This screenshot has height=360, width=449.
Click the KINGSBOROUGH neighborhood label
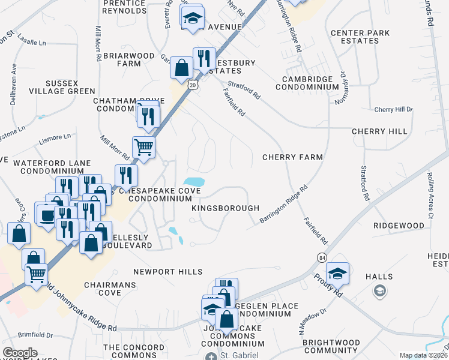point(225,208)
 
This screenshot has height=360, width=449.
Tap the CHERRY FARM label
point(292,157)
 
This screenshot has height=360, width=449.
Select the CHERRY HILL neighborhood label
point(379,131)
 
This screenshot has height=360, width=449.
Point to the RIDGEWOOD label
point(399,225)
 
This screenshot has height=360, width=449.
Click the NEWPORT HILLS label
point(167,272)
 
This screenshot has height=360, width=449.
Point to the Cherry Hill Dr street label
point(393,109)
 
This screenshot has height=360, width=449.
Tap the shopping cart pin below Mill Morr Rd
point(143,146)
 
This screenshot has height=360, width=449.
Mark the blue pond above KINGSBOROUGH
point(193,181)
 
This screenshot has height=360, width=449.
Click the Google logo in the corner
point(20,353)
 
